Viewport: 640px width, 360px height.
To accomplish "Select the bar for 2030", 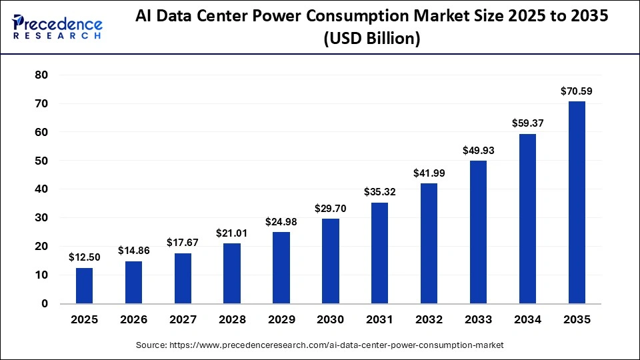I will tap(331, 261).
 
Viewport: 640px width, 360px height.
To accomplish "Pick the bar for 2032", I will tap(429, 243).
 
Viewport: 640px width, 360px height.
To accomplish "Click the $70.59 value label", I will tap(577, 91).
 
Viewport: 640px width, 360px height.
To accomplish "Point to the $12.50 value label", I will tap(84, 257).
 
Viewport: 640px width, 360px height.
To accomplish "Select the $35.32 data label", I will tap(379, 192).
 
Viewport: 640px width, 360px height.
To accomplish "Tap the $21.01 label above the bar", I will tap(232, 233).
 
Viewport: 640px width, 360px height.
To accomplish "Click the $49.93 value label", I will tap(478, 150).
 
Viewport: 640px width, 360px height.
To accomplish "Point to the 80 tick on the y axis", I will tap(41, 75).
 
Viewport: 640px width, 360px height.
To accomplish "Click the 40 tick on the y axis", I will tap(41, 189).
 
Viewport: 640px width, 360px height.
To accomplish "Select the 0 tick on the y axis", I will tap(45, 304).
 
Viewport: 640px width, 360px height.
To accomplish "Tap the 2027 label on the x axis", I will tap(183, 320).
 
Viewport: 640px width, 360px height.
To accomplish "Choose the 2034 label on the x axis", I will tap(527, 320).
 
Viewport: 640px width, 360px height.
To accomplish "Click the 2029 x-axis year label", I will tap(281, 320).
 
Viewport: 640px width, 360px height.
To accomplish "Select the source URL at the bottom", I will tap(319, 345).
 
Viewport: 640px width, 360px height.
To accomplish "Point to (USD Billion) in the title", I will tap(371, 39).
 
